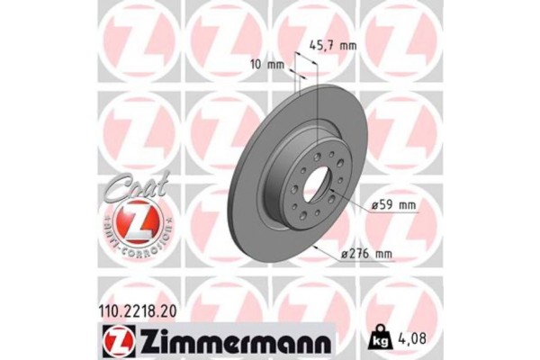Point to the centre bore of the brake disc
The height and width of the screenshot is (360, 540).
click(319, 192)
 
